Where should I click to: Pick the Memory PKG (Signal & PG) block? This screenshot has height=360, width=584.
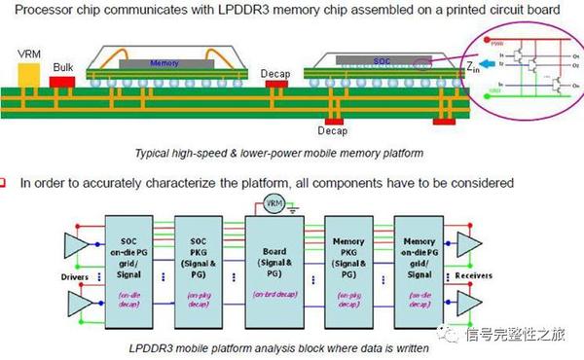(x=349, y=258)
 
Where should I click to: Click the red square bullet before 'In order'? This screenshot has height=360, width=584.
(x=7, y=182)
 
